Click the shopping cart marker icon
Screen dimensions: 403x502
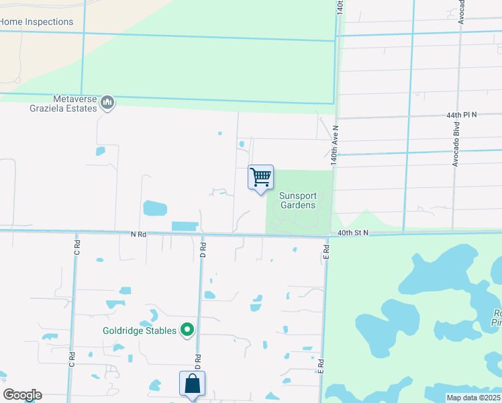tap(260, 178)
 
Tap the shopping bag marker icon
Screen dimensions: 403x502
tap(192, 385)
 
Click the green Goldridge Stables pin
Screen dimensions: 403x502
tap(187, 330)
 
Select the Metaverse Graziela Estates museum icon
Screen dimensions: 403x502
tap(107, 103)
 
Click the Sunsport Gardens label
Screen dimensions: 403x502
tap(297, 200)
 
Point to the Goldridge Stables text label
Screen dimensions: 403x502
tap(139, 330)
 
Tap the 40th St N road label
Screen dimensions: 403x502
tap(353, 232)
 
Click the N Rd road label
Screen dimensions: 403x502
tap(138, 234)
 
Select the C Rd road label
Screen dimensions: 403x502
tap(77, 247)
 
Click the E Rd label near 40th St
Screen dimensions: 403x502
tap(325, 251)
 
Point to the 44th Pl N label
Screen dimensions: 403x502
tap(461, 115)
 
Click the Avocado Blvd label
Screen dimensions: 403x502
tap(455, 152)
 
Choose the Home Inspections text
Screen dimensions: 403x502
tap(36, 21)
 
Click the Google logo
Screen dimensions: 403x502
tap(22, 395)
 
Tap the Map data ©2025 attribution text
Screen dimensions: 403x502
tap(474, 398)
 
